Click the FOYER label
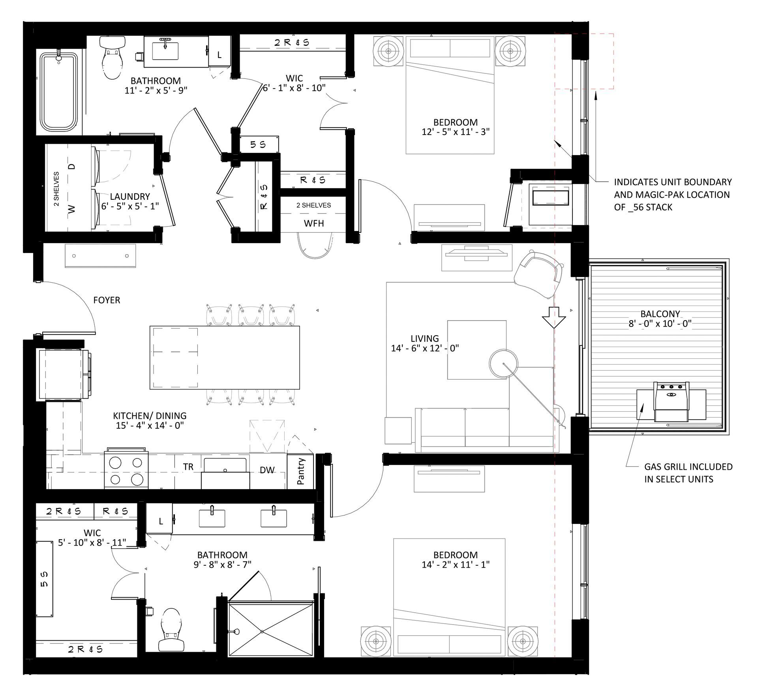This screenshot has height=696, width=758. click(107, 300)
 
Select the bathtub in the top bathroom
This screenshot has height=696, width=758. click(59, 93)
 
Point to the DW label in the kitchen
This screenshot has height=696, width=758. click(267, 470)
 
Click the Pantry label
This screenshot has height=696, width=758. click(301, 471)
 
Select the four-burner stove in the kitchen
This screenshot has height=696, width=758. click(126, 470)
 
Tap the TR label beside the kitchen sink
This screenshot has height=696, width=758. click(188, 467)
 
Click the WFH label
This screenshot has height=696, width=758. click(314, 223)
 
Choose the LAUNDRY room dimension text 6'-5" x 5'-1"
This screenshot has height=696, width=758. click(130, 206)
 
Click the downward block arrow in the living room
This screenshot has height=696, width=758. click(554, 317)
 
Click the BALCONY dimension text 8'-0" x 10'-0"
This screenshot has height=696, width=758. click(660, 324)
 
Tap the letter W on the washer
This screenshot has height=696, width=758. click(71, 209)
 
